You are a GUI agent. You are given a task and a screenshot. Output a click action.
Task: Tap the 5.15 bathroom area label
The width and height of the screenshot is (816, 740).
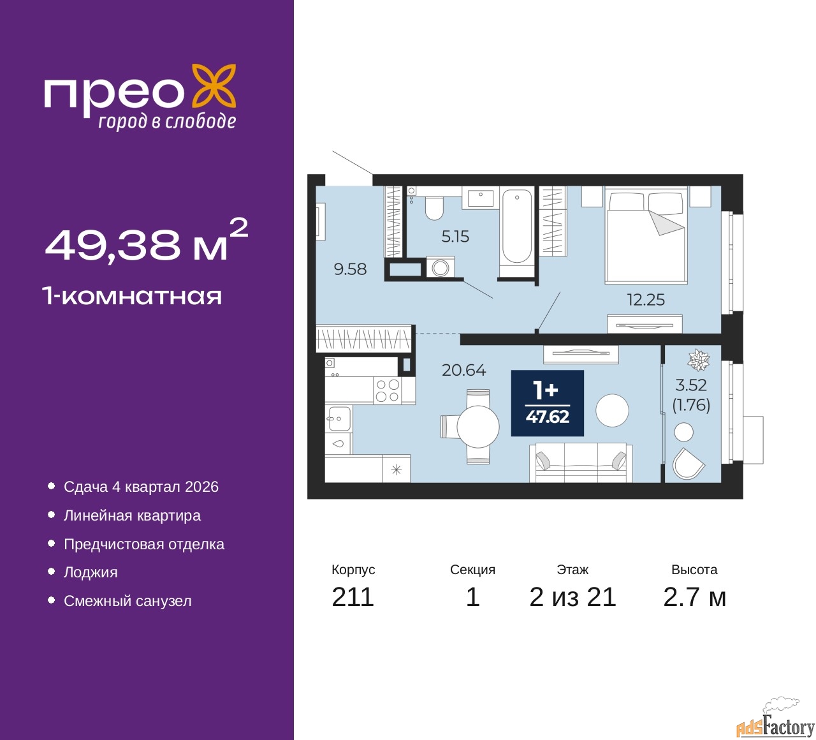click(x=455, y=236)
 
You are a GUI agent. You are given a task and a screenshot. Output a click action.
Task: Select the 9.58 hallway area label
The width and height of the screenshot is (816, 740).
click(x=350, y=269)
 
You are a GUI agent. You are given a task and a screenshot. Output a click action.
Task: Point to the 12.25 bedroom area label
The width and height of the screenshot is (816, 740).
click(x=646, y=300)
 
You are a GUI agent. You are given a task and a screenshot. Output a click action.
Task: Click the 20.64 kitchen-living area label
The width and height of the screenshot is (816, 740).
click(x=463, y=370)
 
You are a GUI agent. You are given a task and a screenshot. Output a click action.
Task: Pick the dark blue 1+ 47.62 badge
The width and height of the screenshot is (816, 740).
click(x=547, y=403)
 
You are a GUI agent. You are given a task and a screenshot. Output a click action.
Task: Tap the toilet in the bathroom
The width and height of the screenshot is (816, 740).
click(x=434, y=207)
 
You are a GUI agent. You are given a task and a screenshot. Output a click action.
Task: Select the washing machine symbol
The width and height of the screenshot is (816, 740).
click(x=440, y=267)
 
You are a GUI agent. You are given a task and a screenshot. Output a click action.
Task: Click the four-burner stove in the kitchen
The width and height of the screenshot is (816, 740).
click(x=387, y=390)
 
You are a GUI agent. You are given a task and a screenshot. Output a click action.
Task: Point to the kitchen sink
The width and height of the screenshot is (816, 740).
click(x=338, y=418)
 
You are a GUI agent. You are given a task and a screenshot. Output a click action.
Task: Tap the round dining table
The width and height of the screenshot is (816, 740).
click(x=477, y=427)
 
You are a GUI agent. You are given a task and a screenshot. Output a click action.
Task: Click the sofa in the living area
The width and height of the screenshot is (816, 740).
click(x=581, y=463)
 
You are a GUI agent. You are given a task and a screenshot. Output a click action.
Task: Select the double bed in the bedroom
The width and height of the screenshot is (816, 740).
click(x=646, y=235)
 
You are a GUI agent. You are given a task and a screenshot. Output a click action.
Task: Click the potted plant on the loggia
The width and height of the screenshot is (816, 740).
click(x=699, y=360)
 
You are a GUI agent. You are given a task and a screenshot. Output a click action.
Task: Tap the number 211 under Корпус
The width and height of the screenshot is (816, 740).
click(x=353, y=597)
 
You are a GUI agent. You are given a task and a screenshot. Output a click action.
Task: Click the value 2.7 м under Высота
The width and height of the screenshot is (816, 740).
click(x=694, y=597)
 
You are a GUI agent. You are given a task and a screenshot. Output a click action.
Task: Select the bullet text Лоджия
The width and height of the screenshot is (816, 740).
click(x=91, y=573)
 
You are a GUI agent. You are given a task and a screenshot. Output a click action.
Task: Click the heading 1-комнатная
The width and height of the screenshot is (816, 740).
click(x=133, y=297)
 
